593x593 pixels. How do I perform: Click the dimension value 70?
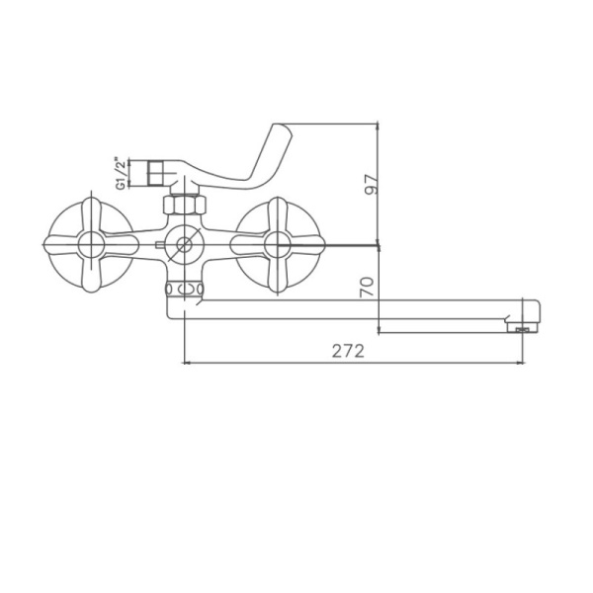[367, 288]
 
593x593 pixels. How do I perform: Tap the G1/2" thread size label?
[122, 172]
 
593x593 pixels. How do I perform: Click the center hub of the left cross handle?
[88, 242]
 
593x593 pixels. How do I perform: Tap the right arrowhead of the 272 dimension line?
[522, 363]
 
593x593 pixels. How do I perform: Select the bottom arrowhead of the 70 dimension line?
[381, 330]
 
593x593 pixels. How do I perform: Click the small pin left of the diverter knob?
[159, 242]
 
